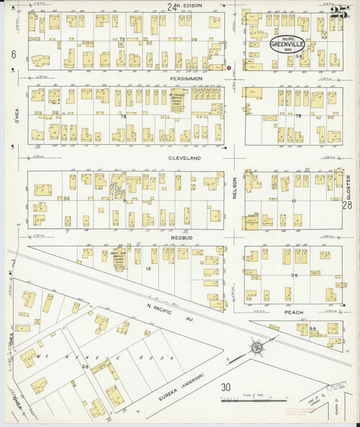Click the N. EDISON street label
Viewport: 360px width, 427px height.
pyautogui.click(x=189, y=7)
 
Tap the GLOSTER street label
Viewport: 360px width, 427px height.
pyautogui.click(x=349, y=185)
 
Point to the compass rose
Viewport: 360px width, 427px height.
pyautogui.click(x=256, y=348)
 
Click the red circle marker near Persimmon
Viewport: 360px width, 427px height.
pyautogui.click(x=229, y=68)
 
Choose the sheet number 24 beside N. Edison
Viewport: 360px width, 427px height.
pyautogui.click(x=172, y=7)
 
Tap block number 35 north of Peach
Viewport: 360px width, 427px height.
pyautogui.click(x=294, y=275)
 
